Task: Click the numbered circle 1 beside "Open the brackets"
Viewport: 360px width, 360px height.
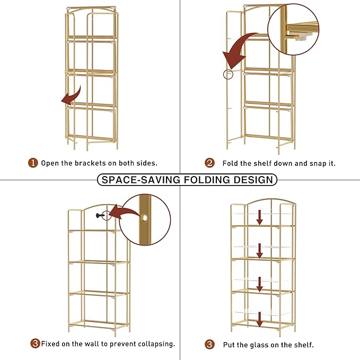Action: click(33, 163)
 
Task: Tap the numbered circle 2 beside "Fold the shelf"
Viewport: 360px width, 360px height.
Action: click(209, 163)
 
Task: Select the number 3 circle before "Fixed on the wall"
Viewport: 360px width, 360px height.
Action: click(35, 344)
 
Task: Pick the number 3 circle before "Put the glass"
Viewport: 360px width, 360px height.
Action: click(209, 345)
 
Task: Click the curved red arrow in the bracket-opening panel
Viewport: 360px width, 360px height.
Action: click(71, 95)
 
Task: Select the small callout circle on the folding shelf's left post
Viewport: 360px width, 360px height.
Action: click(229, 74)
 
